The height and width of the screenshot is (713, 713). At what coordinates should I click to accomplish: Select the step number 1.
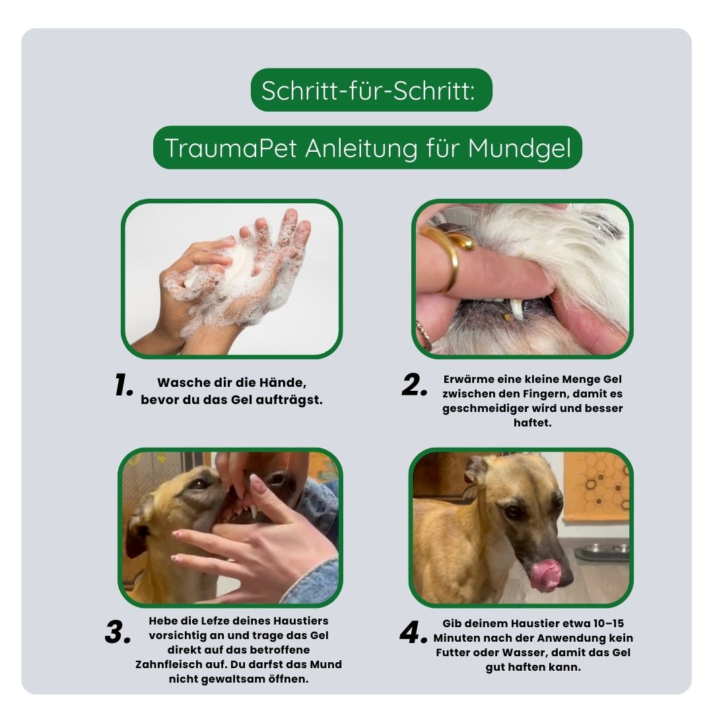[123, 386]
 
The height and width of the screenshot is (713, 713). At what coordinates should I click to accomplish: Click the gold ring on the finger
[451, 251]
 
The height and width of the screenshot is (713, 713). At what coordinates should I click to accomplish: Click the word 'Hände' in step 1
[285, 383]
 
